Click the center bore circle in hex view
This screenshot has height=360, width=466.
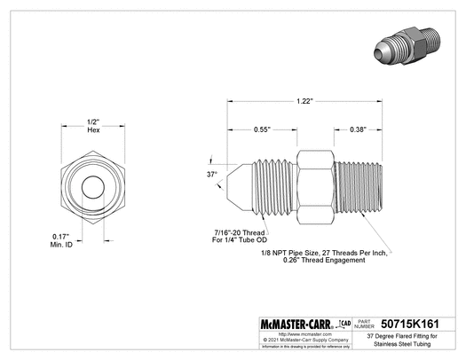pyautogui.click(x=92, y=188)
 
